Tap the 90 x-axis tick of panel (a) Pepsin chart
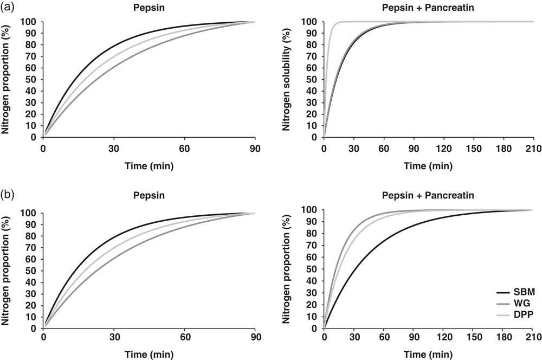click(255, 147)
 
